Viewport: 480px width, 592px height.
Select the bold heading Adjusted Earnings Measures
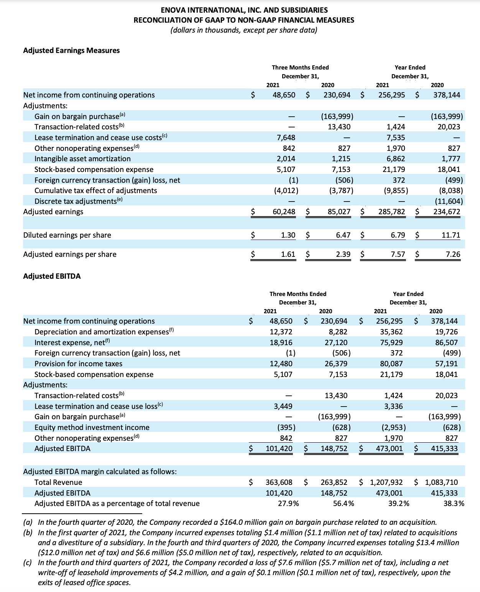pos(71,51)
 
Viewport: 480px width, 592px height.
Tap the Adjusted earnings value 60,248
pos(284,212)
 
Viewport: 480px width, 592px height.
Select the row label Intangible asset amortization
pos(82,159)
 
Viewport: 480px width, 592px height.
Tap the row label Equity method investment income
pos(92,427)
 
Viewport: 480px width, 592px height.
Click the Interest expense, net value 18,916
pos(281,342)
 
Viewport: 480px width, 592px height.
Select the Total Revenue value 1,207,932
pos(386,482)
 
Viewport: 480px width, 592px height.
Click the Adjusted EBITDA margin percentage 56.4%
pos(344,503)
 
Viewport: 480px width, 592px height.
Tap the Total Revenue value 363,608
pos(279,482)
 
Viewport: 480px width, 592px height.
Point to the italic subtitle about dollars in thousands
pos(244,30)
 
